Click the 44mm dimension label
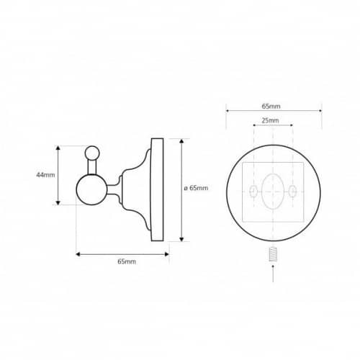pyautogui.click(x=45, y=175)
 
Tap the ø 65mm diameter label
pyautogui.click(x=196, y=188)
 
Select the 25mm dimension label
pyautogui.click(x=270, y=120)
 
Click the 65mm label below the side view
pyautogui.click(x=127, y=261)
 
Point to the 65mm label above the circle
pyautogui.click(x=271, y=106)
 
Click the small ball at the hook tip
pyautogui.click(x=92, y=153)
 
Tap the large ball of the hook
pyautogui.click(x=91, y=189)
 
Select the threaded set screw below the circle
pyautogui.click(x=273, y=254)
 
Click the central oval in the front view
pyautogui.click(x=273, y=192)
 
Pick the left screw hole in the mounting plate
pyautogui.click(x=253, y=192)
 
